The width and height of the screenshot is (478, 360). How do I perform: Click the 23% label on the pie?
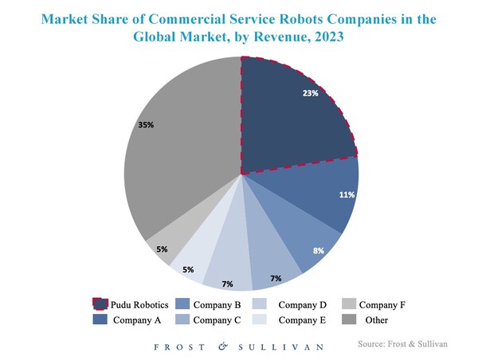(310, 94)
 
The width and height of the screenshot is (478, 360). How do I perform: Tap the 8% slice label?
(318, 250)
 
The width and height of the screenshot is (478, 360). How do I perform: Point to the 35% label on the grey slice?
(146, 125)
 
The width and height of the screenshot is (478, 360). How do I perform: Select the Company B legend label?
(217, 304)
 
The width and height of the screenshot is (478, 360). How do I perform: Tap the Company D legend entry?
(301, 304)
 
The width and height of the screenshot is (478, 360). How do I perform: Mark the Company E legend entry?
(301, 320)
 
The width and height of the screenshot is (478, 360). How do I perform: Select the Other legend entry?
(376, 320)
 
